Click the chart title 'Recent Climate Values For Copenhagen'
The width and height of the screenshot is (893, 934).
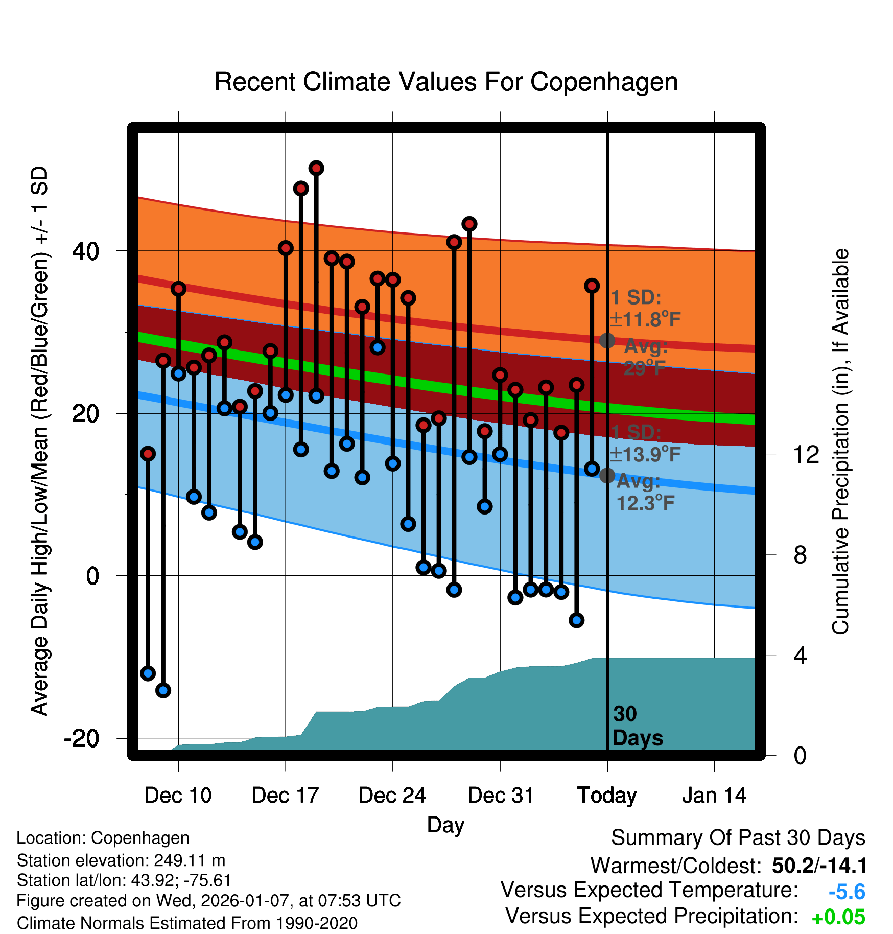click(x=446, y=82)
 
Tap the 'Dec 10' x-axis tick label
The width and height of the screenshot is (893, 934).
click(x=178, y=796)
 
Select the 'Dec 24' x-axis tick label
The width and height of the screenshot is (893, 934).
click(x=392, y=796)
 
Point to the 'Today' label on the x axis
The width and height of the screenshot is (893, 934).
click(x=607, y=796)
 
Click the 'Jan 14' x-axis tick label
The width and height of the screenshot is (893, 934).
click(x=714, y=796)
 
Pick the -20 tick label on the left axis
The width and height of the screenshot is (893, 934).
click(x=82, y=739)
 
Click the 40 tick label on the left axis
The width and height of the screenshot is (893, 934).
click(x=85, y=251)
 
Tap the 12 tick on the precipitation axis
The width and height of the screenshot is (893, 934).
click(x=806, y=454)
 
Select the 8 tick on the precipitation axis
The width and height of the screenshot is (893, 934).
click(x=801, y=555)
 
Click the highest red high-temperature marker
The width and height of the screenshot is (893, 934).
click(x=316, y=168)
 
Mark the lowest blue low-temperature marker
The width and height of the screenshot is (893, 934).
click(x=163, y=690)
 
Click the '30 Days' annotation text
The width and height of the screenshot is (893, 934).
click(x=637, y=726)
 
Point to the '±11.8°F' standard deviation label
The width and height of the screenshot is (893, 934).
click(x=646, y=320)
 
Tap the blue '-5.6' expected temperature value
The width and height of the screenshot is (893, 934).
click(x=847, y=892)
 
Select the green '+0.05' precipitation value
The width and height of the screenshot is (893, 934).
click(x=838, y=917)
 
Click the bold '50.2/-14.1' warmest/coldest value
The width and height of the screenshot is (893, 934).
click(x=819, y=866)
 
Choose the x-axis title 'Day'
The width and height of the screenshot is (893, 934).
click(x=445, y=825)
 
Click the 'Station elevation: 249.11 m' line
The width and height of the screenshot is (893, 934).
click(x=121, y=860)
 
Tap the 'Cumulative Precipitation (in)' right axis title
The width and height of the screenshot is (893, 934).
click(x=840, y=442)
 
